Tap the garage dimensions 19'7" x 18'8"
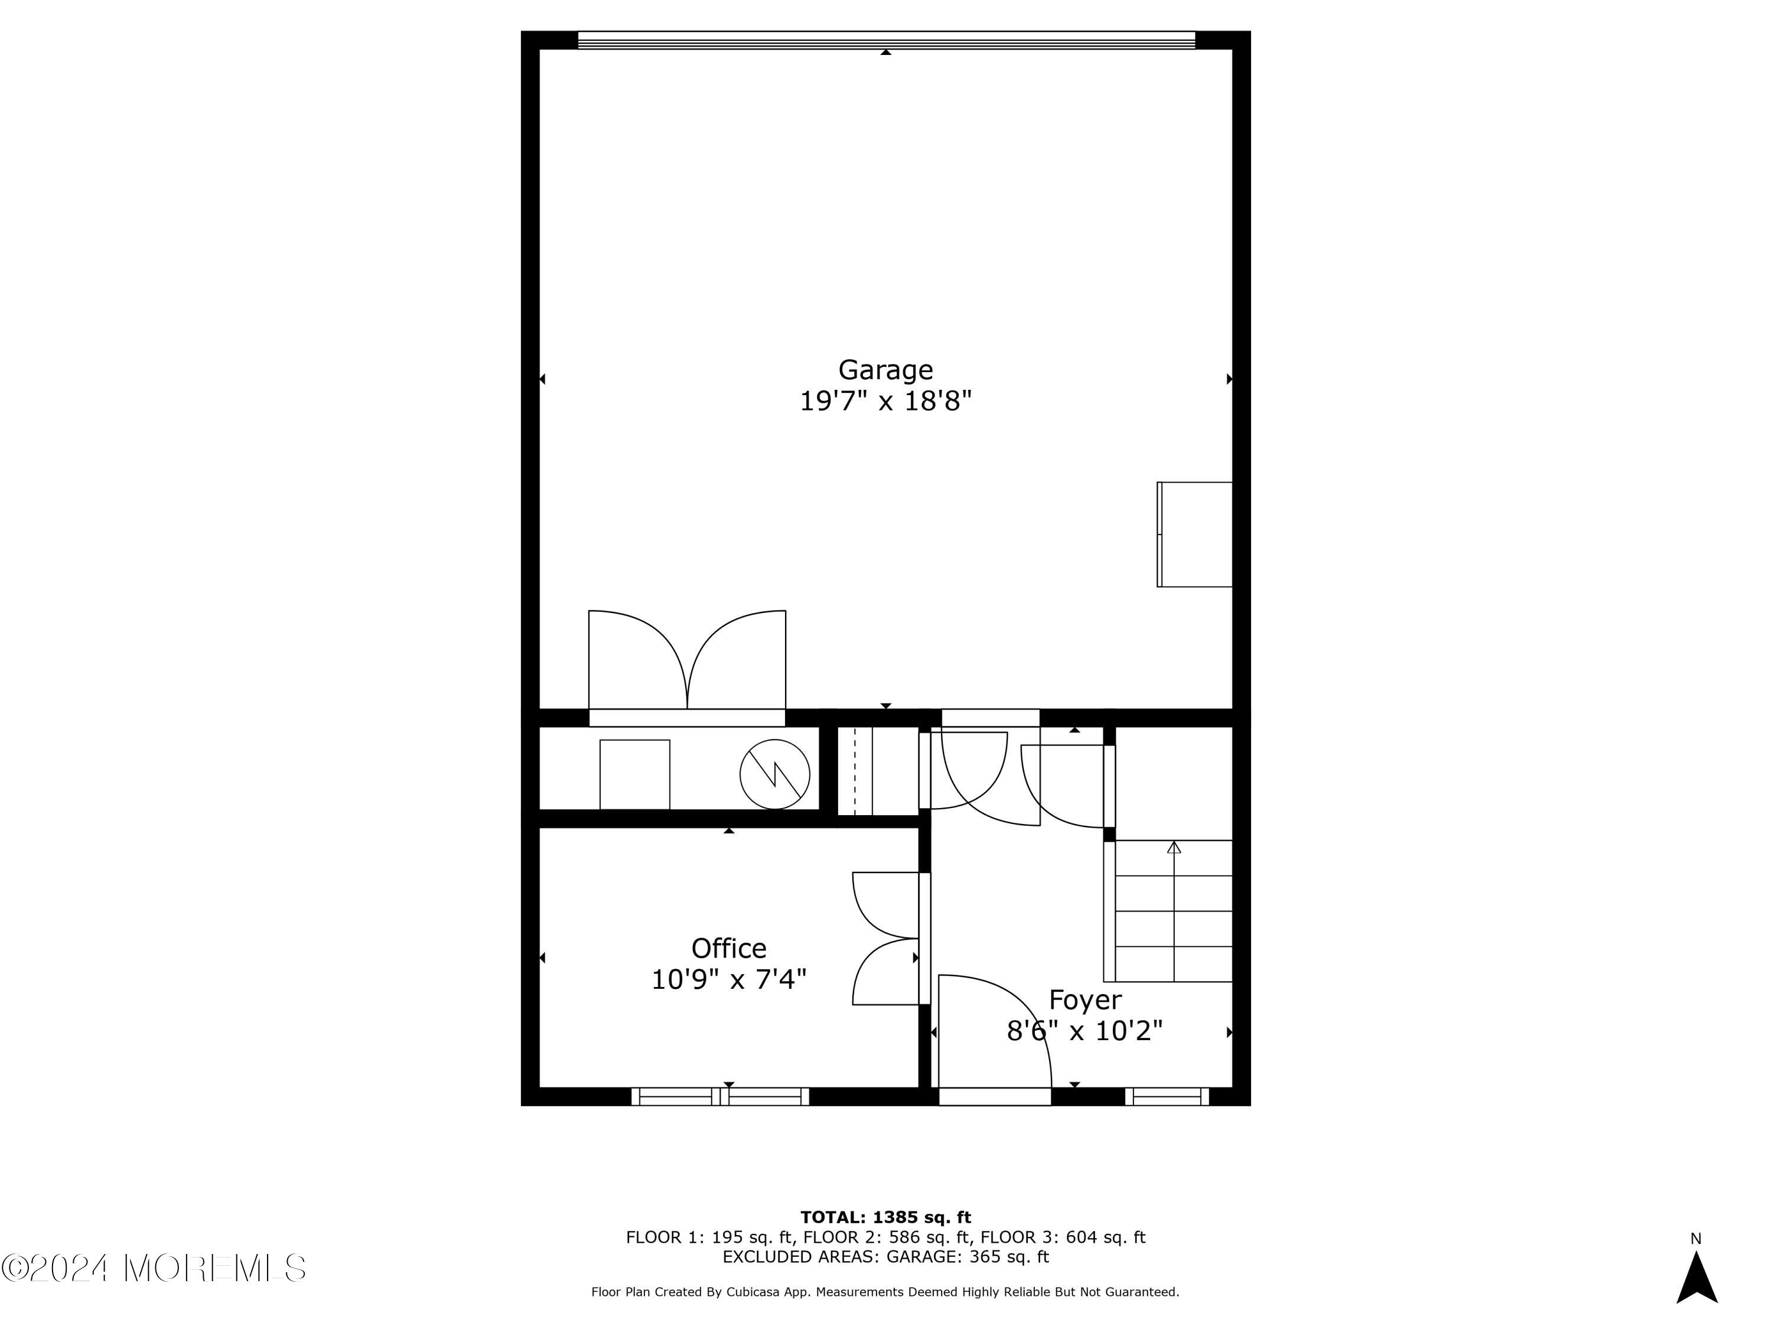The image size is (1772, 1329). [x=885, y=400]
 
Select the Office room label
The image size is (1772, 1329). [x=728, y=949]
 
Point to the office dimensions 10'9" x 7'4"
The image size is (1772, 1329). [x=728, y=979]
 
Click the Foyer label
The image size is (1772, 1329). [x=1084, y=1000]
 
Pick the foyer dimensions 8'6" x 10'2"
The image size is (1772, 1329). [x=1084, y=1030]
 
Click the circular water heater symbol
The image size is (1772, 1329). [x=774, y=774]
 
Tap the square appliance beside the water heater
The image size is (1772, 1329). [x=634, y=774]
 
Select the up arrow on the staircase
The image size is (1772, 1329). [x=1174, y=848]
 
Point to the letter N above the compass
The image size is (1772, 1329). [x=1695, y=1239]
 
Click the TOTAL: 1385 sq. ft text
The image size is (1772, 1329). [x=885, y=1217]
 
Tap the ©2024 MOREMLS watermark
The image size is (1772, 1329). [x=154, y=1268]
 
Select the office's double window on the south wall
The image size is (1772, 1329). [x=720, y=1097]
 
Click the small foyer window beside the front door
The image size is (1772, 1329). [x=1167, y=1097]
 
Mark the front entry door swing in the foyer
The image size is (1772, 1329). [x=994, y=1034]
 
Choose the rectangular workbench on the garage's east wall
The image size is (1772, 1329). [x=1194, y=535]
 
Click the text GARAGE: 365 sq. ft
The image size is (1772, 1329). [x=967, y=1256]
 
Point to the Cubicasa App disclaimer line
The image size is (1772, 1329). [x=885, y=1291]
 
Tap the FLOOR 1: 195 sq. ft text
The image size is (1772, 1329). [x=708, y=1237]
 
